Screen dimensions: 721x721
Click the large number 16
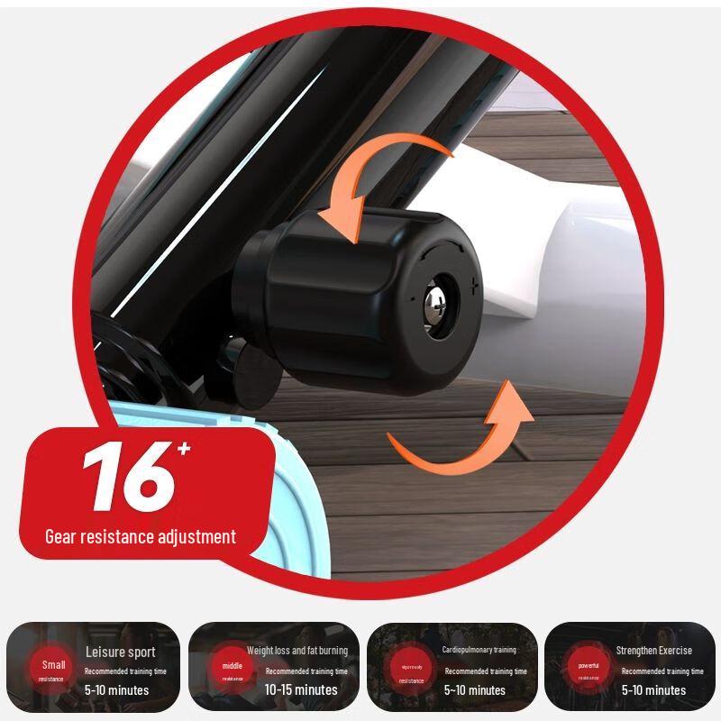126,478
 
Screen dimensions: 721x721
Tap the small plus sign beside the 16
184,448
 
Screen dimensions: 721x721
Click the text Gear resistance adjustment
141,537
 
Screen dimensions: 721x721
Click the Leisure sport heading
120,652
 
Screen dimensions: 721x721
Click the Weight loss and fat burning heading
297,651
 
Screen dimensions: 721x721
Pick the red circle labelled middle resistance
233,671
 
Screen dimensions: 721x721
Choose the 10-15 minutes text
301,690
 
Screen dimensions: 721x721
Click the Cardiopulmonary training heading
479,650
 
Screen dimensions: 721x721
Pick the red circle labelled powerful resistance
589,671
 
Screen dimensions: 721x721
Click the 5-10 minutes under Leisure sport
117,690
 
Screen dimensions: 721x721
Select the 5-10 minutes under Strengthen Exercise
653,690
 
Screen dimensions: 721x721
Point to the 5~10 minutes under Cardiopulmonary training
475,690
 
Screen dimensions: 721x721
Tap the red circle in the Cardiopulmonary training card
411,672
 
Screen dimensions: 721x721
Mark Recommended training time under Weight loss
306,671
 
